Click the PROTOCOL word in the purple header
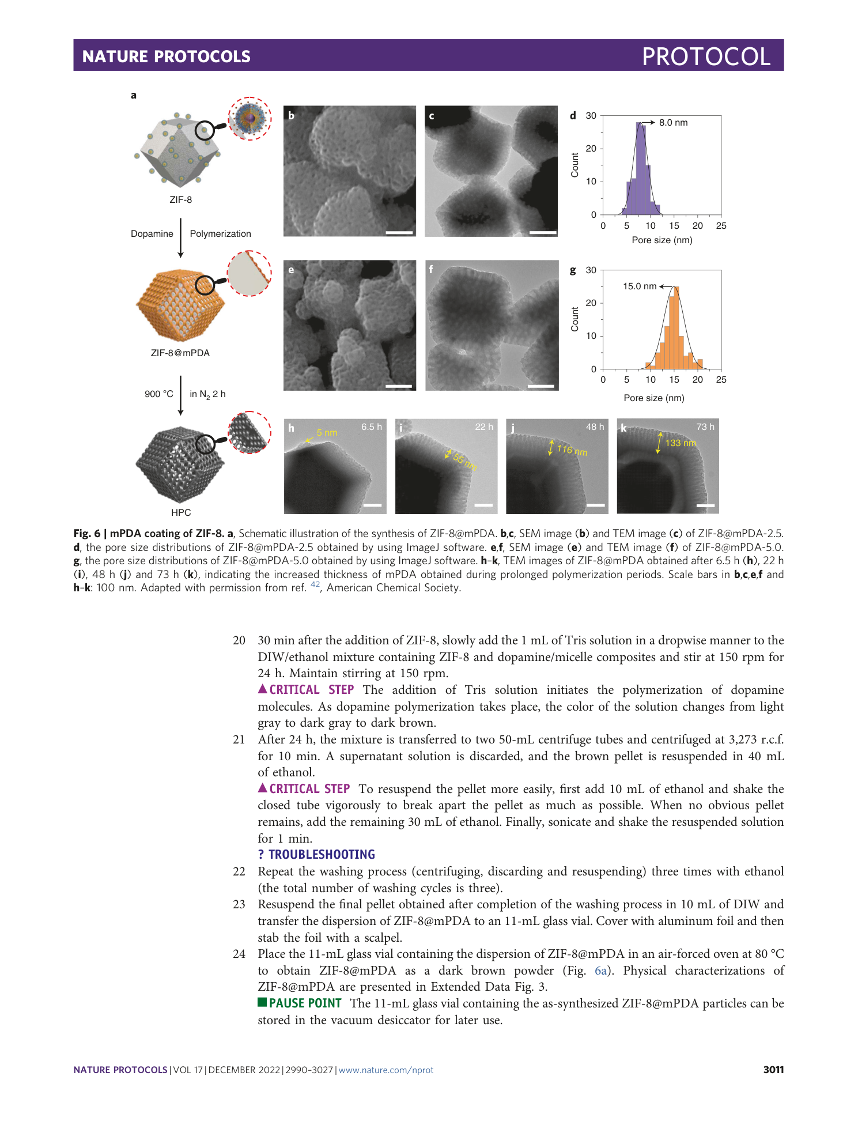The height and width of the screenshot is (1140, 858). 706,56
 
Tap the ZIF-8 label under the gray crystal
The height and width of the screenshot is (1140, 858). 180,200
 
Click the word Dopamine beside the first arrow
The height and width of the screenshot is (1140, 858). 152,234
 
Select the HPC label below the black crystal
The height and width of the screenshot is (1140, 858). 181,513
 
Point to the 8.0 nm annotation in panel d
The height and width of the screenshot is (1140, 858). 673,123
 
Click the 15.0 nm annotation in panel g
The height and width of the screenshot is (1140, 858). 640,286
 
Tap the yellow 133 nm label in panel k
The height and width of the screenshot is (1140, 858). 681,443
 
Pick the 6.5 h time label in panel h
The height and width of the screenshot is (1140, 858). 372,427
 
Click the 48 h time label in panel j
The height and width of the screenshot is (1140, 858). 595,427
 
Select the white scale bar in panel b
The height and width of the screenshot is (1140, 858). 399,233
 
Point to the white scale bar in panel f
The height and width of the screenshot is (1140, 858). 540,386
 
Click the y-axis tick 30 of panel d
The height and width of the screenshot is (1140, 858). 591,116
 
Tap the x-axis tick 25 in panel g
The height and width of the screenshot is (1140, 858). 721,380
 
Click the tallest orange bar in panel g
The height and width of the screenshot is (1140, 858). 676,329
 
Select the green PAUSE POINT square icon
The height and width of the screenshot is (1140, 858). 262,1002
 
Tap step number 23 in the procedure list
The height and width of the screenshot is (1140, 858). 239,905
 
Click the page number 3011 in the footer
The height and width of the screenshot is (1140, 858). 773,1070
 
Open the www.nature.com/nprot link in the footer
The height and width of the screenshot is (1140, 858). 385,1070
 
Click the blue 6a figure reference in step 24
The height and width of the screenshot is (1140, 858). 600,971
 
